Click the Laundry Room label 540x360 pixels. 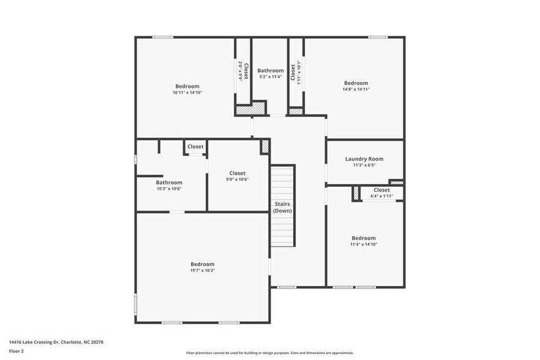click(364, 159)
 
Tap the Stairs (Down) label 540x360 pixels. click(282, 207)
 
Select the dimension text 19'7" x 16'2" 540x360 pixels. click(202, 270)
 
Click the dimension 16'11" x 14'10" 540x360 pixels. click(187, 92)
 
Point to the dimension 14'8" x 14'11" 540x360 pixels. click(356, 89)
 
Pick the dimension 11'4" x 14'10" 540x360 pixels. click(363, 244)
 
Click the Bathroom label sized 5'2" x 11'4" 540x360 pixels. click(270, 70)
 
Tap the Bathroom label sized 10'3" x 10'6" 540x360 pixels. click(168, 182)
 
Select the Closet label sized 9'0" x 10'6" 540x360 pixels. click(237, 173)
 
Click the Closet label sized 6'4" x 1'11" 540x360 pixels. click(381, 190)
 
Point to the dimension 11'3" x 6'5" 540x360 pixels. click(364, 165)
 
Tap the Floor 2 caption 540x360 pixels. click(16, 351)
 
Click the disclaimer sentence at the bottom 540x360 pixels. click(269, 353)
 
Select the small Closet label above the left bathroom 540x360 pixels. click(195, 146)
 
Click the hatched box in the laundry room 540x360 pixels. click(396, 182)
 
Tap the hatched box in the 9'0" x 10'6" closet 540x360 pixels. click(265, 146)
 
